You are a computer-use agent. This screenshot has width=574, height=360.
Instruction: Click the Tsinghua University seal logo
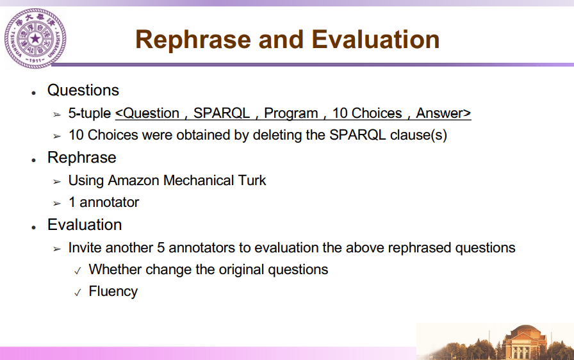35,38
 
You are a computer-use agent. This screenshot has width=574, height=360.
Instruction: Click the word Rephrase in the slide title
193,40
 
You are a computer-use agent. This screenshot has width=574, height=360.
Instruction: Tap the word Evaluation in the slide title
375,39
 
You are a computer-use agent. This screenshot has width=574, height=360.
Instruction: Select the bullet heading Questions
83,90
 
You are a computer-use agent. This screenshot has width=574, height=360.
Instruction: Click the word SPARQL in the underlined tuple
222,113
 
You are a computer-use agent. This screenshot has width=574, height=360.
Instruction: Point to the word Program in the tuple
291,113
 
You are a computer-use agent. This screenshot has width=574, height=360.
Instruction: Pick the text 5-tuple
89,113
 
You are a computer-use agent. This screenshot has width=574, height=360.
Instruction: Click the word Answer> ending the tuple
443,113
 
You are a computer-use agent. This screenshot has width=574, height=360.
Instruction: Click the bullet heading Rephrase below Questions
81,158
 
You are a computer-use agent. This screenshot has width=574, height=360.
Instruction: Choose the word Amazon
133,181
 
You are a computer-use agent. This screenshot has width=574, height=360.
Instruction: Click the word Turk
252,181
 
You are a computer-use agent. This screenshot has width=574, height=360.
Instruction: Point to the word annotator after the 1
109,202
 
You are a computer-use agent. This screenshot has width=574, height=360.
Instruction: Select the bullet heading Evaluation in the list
85,225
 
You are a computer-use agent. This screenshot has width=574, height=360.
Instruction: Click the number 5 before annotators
161,248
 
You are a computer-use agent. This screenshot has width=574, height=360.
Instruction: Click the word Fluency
113,291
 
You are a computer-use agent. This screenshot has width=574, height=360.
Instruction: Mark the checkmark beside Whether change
78,271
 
